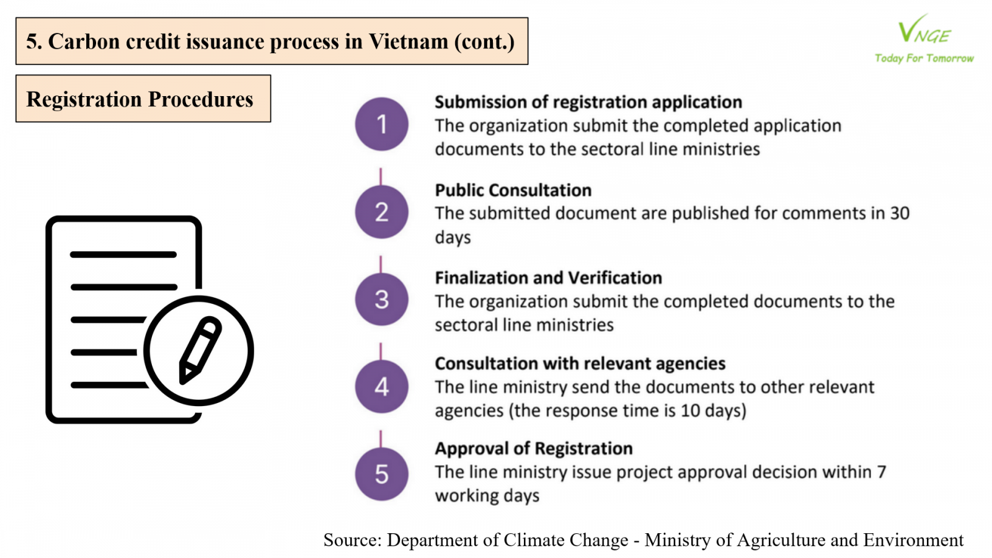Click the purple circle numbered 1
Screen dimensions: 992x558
pyautogui.click(x=381, y=124)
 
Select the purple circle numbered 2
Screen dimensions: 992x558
pyautogui.click(x=381, y=211)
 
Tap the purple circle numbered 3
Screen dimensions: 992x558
pyautogui.click(x=381, y=299)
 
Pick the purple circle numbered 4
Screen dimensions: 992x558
pyautogui.click(x=381, y=387)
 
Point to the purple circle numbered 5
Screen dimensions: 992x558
pyautogui.click(x=381, y=474)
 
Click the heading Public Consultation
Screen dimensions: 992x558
pyautogui.click(x=513, y=190)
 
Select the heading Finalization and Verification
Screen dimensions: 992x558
pyautogui.click(x=548, y=278)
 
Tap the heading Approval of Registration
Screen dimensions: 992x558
pyautogui.click(x=534, y=449)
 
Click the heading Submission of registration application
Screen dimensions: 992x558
pyautogui.click(x=588, y=102)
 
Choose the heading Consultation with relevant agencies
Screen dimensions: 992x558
pyautogui.click(x=580, y=363)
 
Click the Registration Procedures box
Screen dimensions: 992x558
pyautogui.click(x=143, y=99)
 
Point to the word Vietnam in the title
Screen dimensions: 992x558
pyautogui.click(x=409, y=41)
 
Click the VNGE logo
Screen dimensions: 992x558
pyautogui.click(x=924, y=29)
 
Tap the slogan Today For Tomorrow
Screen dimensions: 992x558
pyautogui.click(x=924, y=58)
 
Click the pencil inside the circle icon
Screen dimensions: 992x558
pyautogui.click(x=200, y=350)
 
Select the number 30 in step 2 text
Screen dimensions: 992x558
pyautogui.click(x=900, y=213)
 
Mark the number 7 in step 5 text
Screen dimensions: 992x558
pyautogui.click(x=881, y=472)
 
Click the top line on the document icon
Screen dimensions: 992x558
pyautogui.click(x=123, y=255)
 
